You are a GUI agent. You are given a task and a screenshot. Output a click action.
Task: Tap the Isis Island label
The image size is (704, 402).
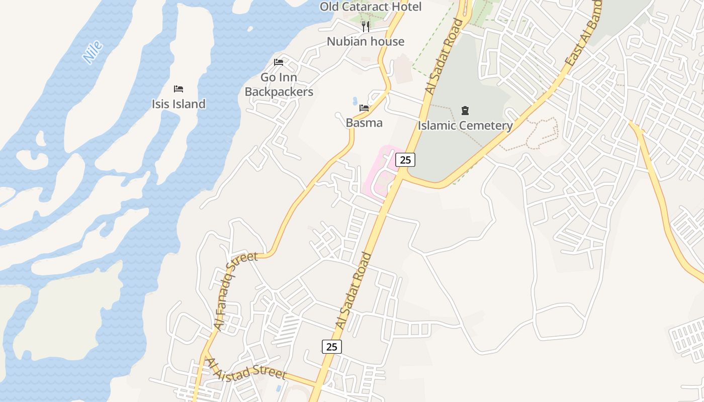pyautogui.click(x=179, y=104)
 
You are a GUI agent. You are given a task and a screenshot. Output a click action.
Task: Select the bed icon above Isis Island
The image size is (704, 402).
pyautogui.click(x=179, y=89)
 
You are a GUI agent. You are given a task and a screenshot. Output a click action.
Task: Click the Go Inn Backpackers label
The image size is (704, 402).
pyautogui.click(x=279, y=84)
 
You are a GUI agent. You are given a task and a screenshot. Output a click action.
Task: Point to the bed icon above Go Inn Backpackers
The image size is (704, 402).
pyautogui.click(x=279, y=62)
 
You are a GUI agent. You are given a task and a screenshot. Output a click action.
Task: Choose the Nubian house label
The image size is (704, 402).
pyautogui.click(x=366, y=41)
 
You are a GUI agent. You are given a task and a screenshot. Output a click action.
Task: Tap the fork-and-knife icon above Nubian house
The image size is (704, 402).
pyautogui.click(x=366, y=26)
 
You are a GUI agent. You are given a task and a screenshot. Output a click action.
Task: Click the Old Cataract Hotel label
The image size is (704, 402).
pyautogui.click(x=371, y=7)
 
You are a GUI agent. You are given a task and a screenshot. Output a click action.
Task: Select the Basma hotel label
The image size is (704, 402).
pyautogui.click(x=364, y=123)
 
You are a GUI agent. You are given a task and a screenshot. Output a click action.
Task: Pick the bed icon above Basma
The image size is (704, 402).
pyautogui.click(x=364, y=108)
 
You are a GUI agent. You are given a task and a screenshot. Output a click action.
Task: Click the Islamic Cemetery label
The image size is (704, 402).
pyautogui.click(x=465, y=125)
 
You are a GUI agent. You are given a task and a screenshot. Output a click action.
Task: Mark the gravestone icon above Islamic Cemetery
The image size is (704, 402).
pyautogui.click(x=465, y=110)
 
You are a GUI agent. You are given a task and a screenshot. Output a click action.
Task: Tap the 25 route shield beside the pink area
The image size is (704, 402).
pyautogui.click(x=405, y=160)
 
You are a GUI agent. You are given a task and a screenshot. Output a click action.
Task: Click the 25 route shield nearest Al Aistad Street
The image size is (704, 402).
pyautogui.click(x=331, y=347)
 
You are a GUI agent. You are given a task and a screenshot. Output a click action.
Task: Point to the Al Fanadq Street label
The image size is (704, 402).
pyautogui.click(x=235, y=290)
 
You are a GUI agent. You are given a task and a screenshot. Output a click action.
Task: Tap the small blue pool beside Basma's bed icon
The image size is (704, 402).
pyautogui.click(x=356, y=100)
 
